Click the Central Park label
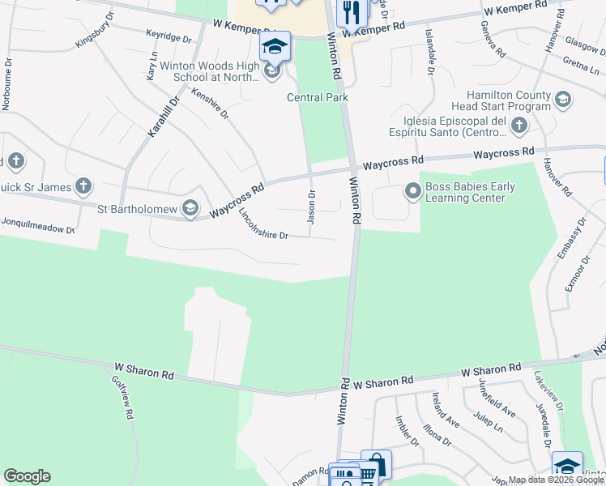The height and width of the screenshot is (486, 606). [x=318, y=97]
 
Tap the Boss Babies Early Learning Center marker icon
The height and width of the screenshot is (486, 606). [x=413, y=192]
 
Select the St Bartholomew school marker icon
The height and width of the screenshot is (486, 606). [x=190, y=209]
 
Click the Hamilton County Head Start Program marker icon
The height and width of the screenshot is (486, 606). [x=563, y=100]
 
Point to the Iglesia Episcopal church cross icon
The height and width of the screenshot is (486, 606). [x=519, y=126]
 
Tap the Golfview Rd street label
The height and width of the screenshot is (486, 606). [x=122, y=397]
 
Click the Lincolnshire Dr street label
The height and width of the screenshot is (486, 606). [x=264, y=224]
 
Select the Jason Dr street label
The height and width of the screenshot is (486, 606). [x=311, y=207]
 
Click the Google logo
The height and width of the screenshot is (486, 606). [x=27, y=476]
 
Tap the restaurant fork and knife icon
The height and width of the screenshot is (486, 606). [x=351, y=11]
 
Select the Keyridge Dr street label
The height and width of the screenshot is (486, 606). [x=169, y=37]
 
